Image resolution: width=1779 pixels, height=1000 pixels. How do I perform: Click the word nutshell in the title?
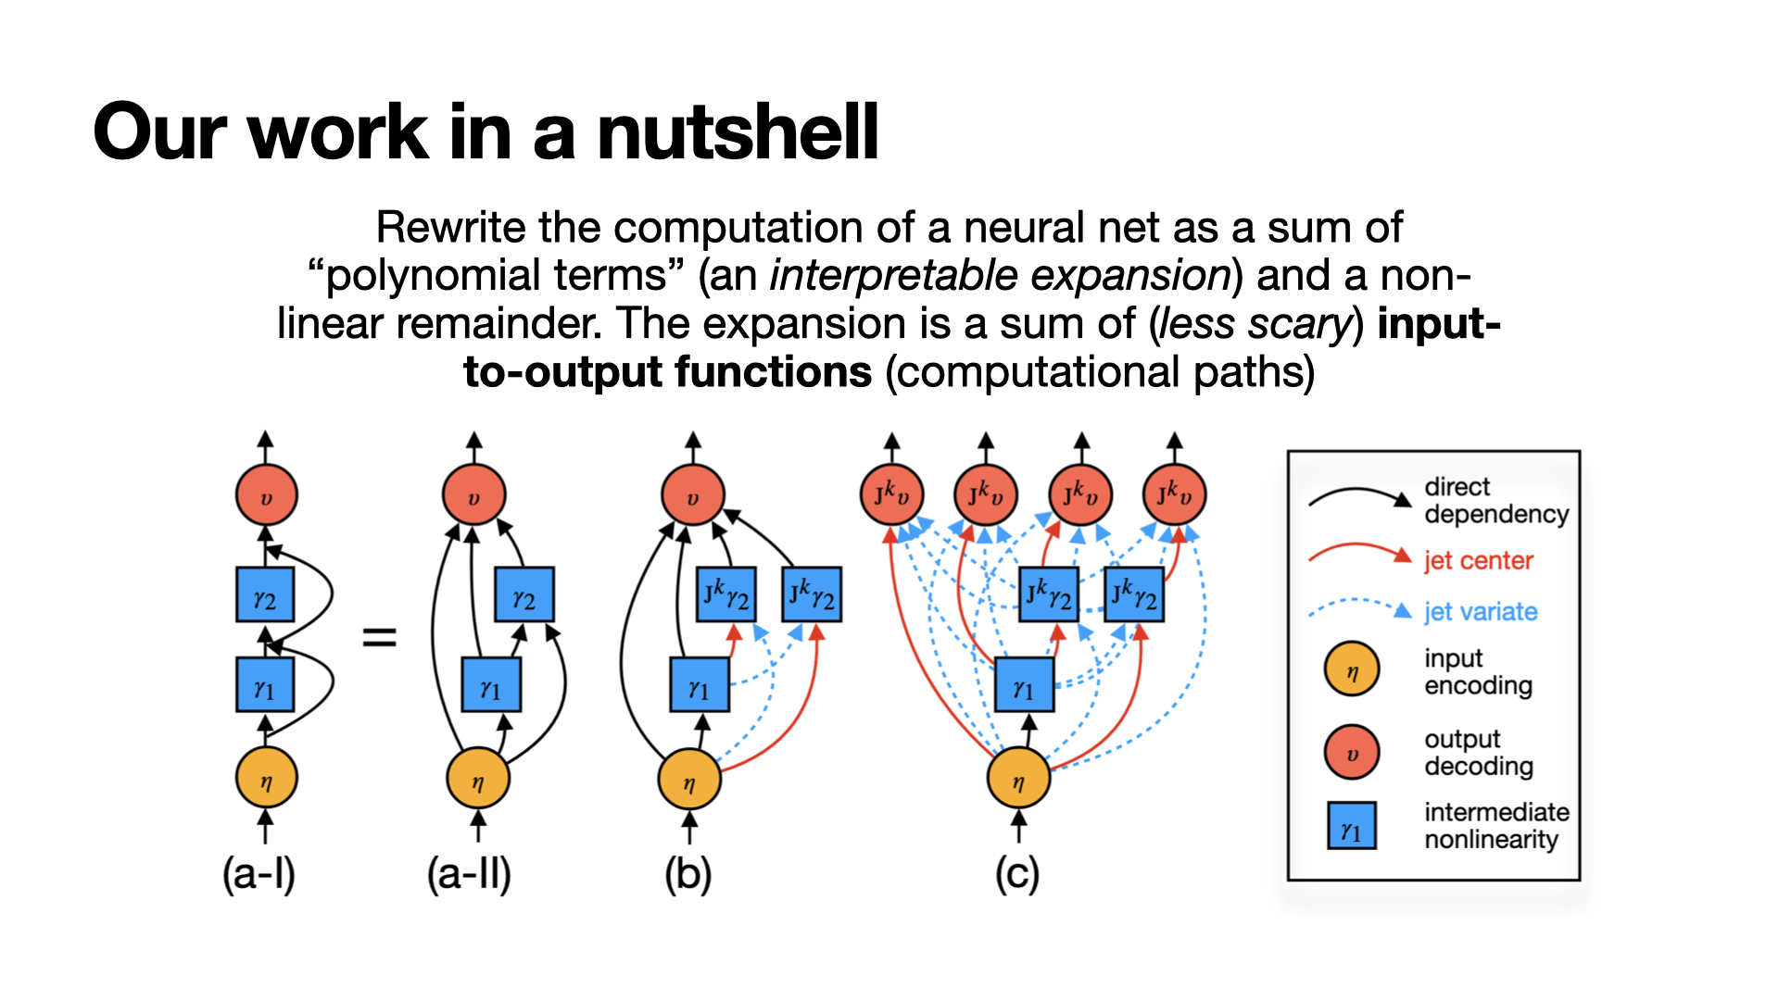coord(738,132)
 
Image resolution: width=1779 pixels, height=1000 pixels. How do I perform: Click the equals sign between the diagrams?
coord(379,637)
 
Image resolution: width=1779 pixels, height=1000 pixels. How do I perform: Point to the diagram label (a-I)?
coord(259,874)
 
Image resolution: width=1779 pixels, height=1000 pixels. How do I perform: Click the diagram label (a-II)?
coord(469,874)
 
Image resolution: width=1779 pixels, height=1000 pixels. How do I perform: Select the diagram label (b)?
coord(688,874)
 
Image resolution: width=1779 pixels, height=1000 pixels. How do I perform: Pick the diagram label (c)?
coord(1017,874)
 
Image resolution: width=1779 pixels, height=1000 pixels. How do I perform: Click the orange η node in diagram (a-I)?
coord(267,779)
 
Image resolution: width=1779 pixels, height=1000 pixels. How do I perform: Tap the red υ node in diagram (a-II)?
coord(474,496)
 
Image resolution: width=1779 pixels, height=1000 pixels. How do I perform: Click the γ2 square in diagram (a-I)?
coord(265,595)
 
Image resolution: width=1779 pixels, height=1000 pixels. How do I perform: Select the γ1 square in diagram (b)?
coord(700,685)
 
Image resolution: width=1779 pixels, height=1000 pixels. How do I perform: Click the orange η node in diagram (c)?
coord(1019,779)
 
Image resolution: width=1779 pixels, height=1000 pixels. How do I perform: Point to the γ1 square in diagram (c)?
coord(1024,685)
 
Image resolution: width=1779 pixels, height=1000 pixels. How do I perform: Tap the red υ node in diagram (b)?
coord(692,496)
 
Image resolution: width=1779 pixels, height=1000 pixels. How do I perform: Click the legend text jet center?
coord(1479,561)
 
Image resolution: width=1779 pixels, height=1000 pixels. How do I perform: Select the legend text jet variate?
coord(1481,612)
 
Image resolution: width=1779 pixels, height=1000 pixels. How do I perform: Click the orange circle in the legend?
coord(1352,669)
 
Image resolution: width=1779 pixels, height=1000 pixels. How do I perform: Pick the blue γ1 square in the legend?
coord(1352,826)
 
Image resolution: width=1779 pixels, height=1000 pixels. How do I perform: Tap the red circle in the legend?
coord(1352,752)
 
